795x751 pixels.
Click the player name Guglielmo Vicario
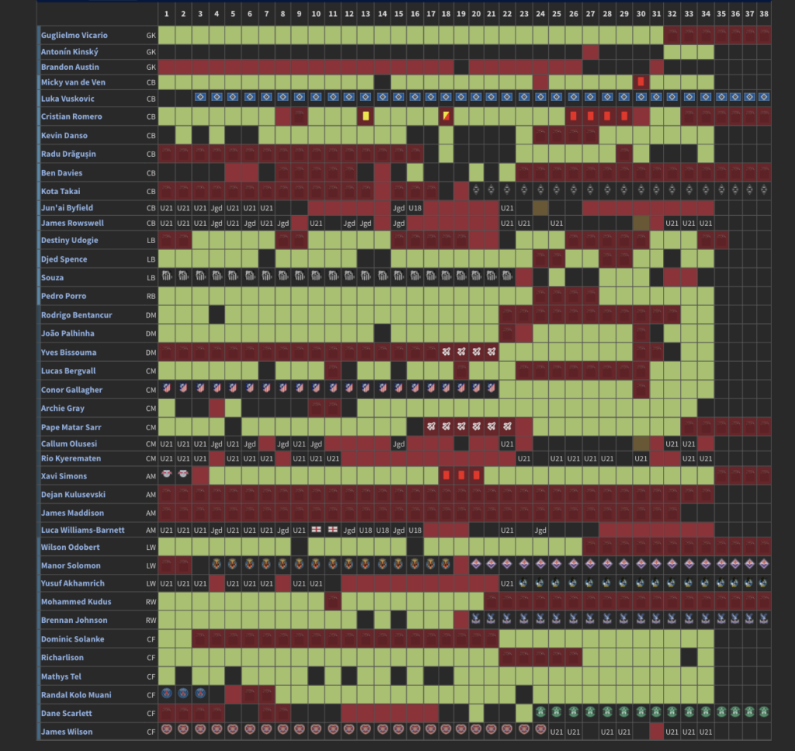[75, 36]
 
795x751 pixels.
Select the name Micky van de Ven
[75, 82]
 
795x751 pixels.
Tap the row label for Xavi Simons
[64, 476]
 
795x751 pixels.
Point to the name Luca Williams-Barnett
[84, 530]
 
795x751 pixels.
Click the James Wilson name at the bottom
[67, 732]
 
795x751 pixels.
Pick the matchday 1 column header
[166, 14]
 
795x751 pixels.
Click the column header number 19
[461, 14]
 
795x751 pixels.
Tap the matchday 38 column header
[764, 14]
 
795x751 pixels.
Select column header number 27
[590, 14]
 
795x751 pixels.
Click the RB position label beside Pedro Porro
[150, 296]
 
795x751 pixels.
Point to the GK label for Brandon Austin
[150, 68]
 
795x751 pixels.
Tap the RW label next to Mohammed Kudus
[150, 602]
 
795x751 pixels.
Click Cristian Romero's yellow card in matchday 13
[365, 116]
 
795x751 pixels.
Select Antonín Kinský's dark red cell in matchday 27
[590, 51]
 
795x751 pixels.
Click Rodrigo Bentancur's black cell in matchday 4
[217, 315]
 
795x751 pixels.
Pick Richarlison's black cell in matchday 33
[689, 657]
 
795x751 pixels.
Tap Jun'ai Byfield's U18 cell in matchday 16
[415, 208]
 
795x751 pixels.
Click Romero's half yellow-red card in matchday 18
[446, 116]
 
